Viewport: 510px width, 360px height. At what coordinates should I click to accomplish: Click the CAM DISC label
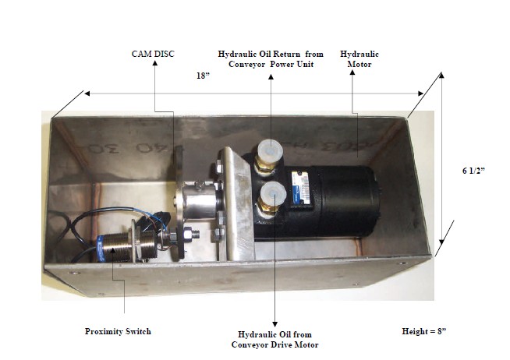tap(153, 53)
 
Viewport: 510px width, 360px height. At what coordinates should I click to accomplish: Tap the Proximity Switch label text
tap(118, 331)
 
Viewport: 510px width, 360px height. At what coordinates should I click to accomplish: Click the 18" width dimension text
tap(204, 76)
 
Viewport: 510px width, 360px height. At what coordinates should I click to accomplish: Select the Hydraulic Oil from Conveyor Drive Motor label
tap(274, 339)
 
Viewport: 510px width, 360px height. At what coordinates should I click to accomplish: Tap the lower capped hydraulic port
tap(273, 194)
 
